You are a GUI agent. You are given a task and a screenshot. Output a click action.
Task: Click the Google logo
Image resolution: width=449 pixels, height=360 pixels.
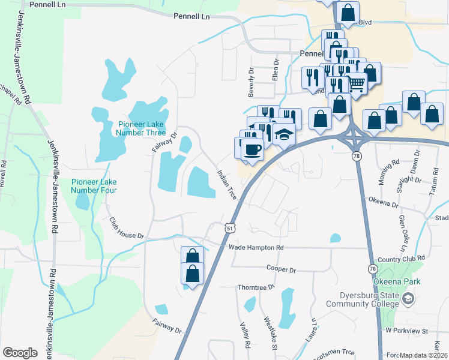20,353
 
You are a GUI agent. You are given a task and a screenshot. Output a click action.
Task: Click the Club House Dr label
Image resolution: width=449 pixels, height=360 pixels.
127,227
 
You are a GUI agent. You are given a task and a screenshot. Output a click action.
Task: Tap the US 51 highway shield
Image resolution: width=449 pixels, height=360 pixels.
230,228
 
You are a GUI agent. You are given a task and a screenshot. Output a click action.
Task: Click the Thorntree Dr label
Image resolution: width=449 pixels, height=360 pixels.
256,287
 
